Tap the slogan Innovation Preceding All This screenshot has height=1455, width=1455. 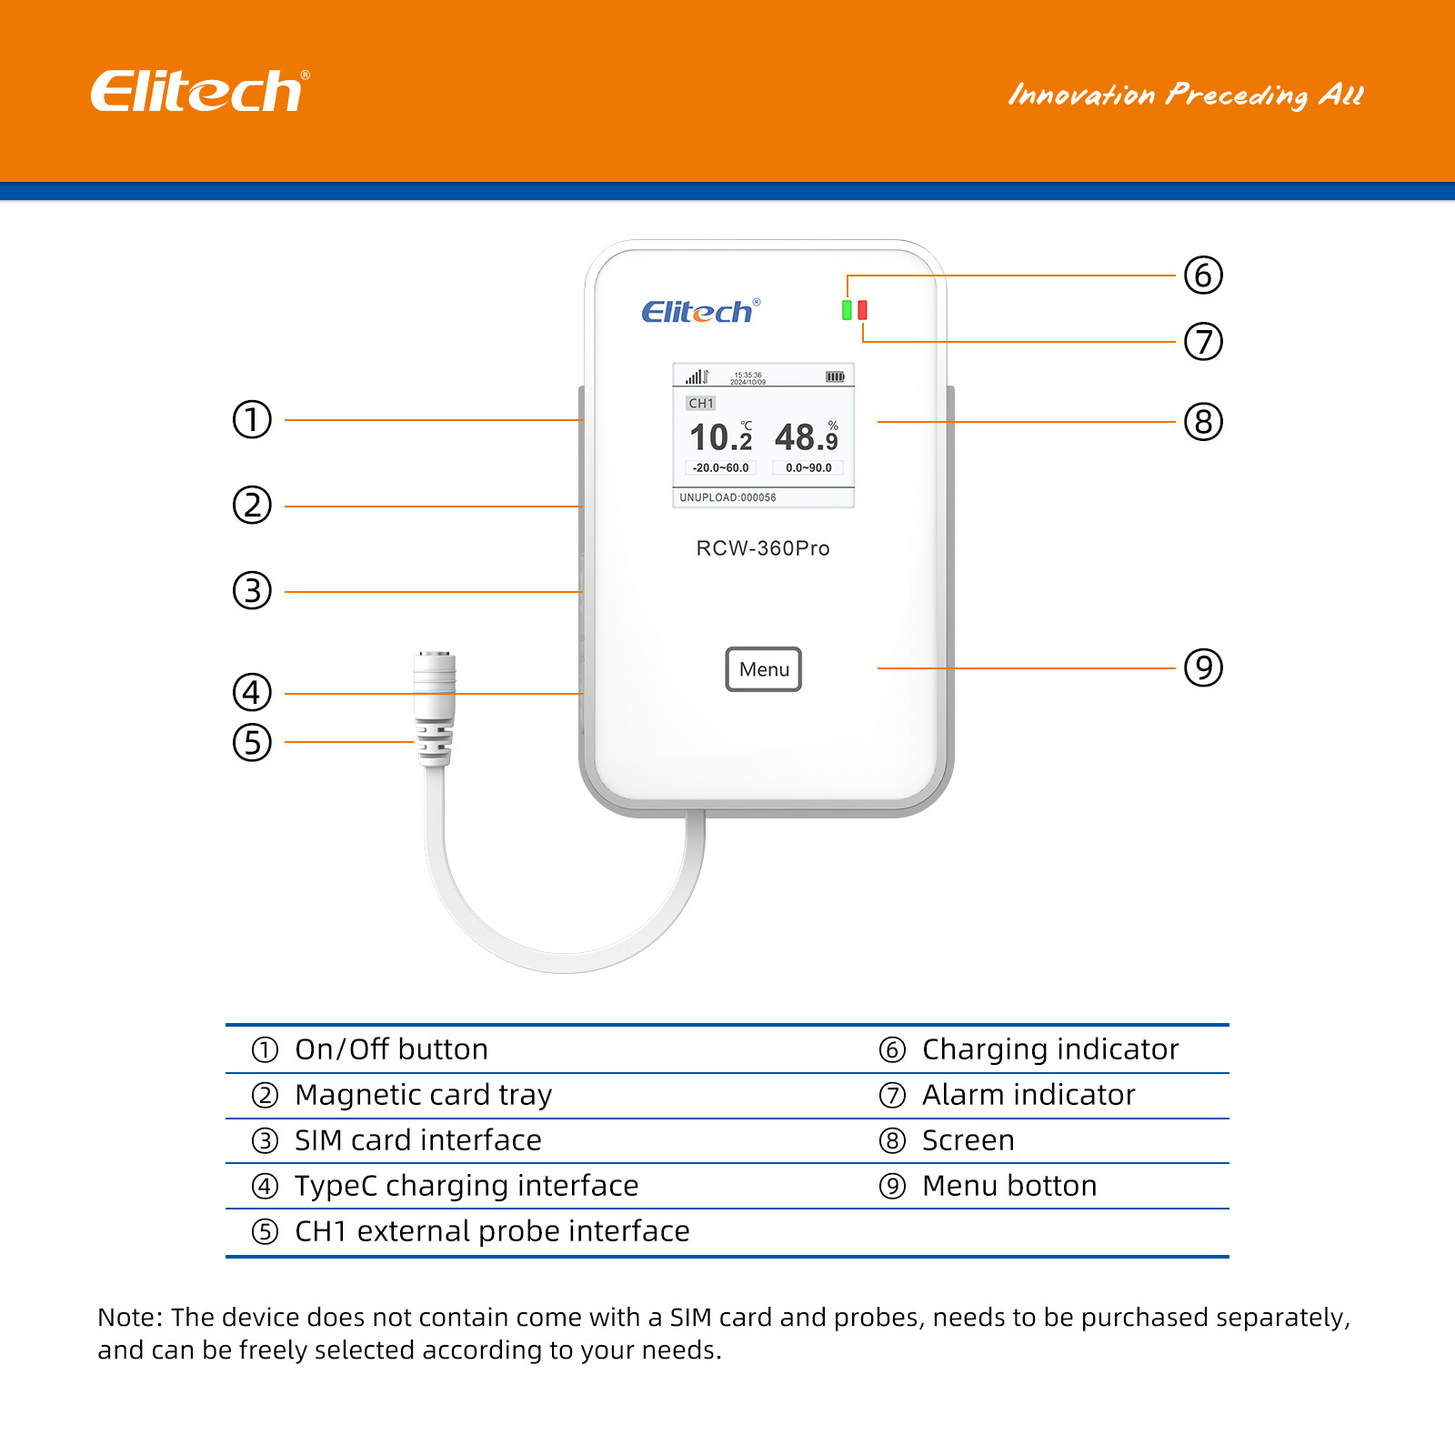click(x=1185, y=95)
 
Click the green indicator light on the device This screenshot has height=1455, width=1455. click(x=847, y=310)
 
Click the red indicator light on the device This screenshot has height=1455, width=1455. click(x=862, y=310)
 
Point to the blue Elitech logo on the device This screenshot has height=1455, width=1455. click(x=699, y=312)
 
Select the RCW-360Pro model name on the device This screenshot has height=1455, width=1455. click(x=762, y=548)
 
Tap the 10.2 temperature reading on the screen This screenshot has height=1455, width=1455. click(x=720, y=437)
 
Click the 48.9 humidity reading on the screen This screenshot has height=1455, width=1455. click(x=806, y=437)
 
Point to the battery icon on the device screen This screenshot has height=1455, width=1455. click(x=834, y=376)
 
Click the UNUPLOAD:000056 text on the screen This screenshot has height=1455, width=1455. click(x=727, y=497)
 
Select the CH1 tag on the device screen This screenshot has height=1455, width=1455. click(x=700, y=403)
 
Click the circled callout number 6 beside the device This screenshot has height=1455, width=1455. click(x=1203, y=275)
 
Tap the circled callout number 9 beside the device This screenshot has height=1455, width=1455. click(x=1203, y=667)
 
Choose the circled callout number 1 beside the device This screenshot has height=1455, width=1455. click(x=252, y=419)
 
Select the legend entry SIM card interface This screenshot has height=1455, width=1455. click(x=417, y=1140)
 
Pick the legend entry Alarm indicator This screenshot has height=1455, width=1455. click(x=1028, y=1095)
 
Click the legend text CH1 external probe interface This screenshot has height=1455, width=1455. click(x=491, y=1231)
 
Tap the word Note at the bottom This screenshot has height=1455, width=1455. click(x=128, y=1318)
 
